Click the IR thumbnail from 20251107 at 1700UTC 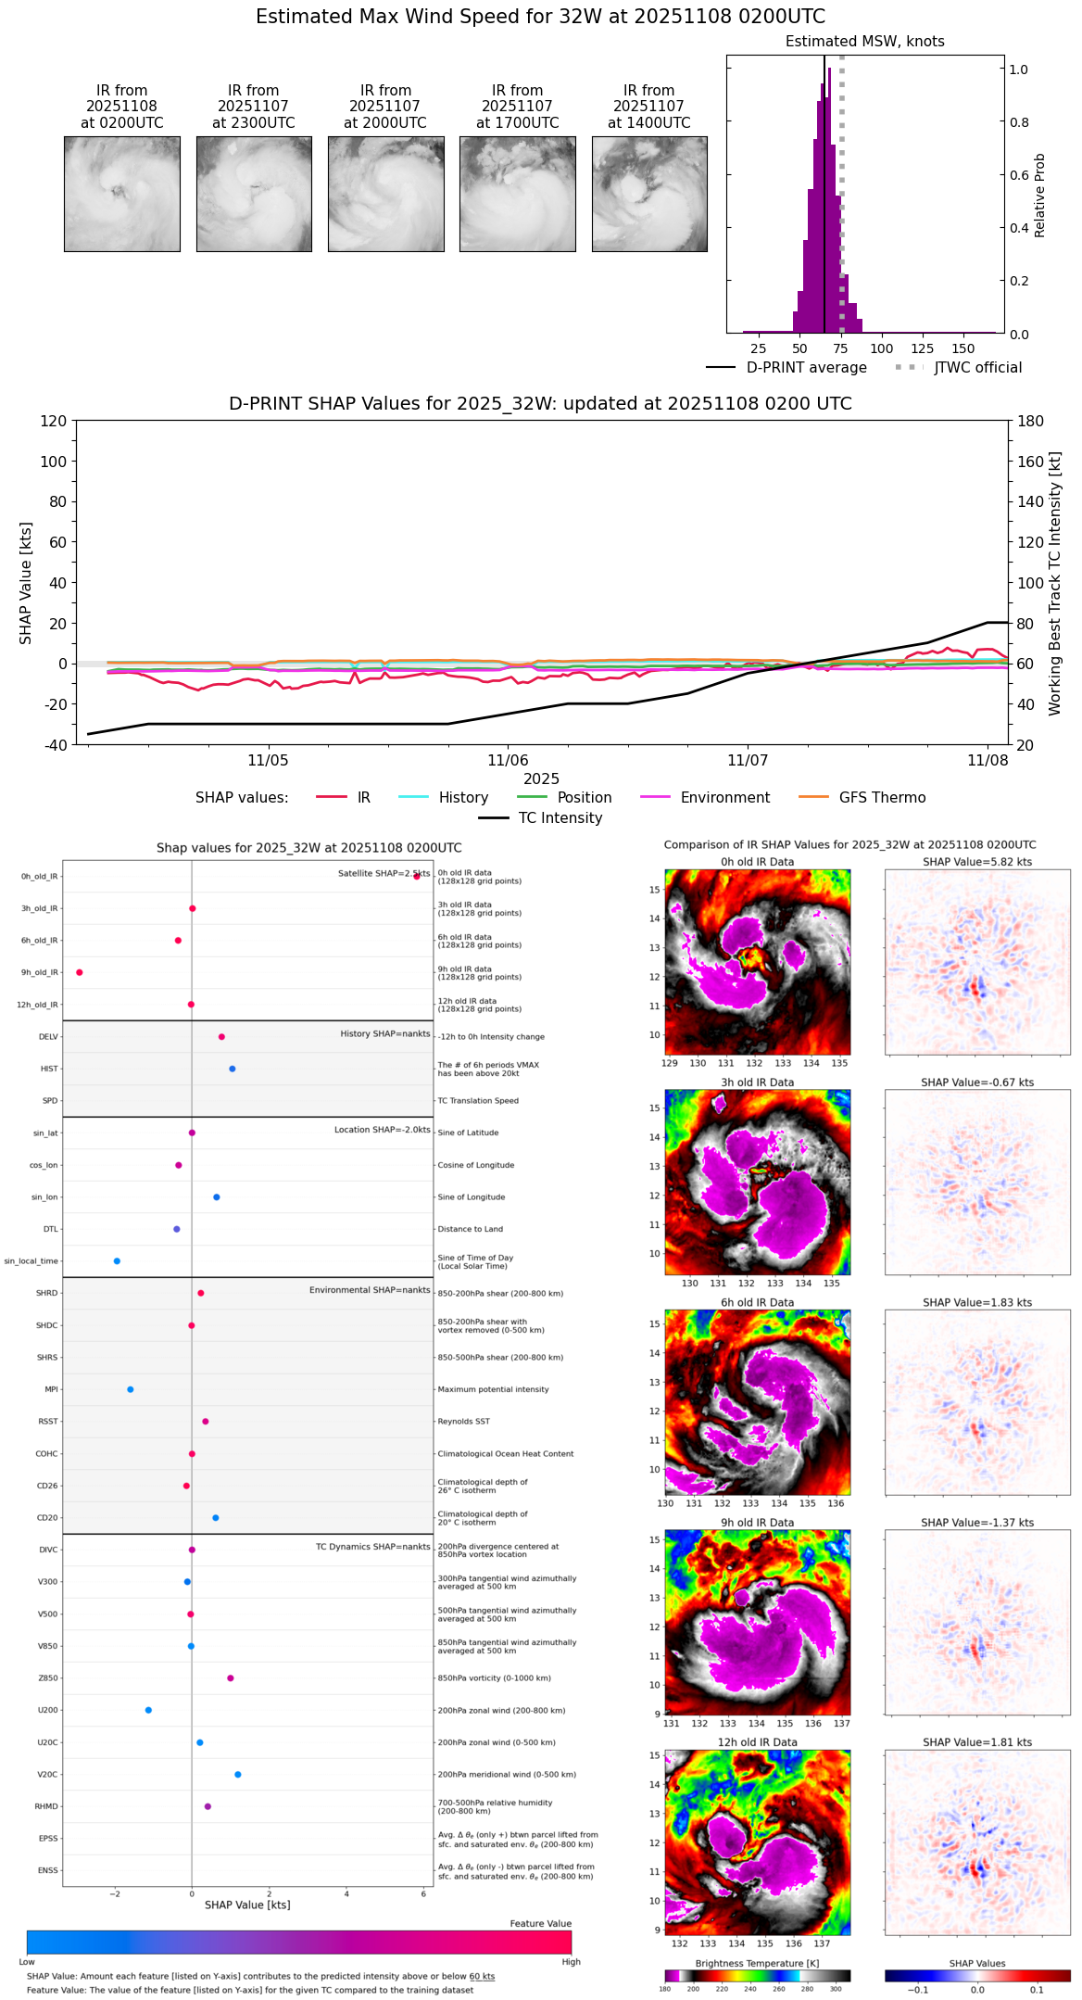(517, 194)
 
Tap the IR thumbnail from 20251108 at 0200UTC (121, 194)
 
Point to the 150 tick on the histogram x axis (963, 348)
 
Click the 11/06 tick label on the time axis (508, 761)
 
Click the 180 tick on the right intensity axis (1031, 422)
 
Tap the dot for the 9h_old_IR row (80, 972)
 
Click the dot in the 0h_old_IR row (417, 876)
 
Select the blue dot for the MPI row (131, 1389)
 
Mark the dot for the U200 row (148, 1710)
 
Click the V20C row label (47, 1775)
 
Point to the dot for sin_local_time (117, 1261)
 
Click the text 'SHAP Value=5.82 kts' (976, 862)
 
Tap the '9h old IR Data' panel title (757, 1523)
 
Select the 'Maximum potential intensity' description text (493, 1389)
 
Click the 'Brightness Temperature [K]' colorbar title (757, 1963)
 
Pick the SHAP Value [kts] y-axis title (26, 583)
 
